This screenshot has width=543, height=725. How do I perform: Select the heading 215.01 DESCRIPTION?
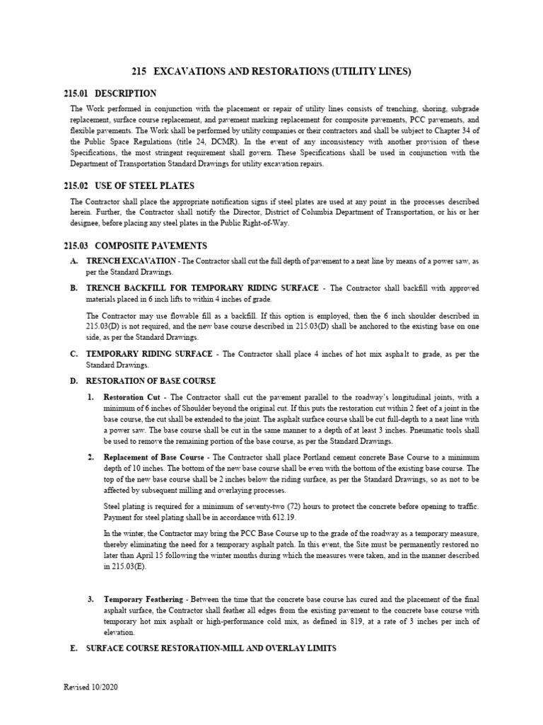point(113,93)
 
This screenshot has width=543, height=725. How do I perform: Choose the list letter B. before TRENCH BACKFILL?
point(74,288)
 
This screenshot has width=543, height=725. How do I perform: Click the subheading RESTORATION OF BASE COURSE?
point(151,381)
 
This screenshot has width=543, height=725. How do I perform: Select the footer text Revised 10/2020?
point(89,708)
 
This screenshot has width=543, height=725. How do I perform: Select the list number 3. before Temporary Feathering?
point(91,599)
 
